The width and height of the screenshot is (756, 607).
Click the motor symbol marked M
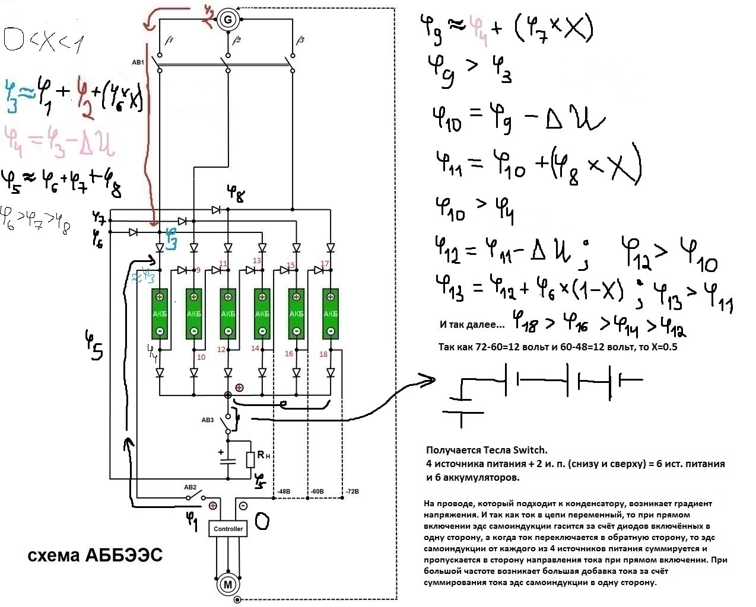click(x=227, y=584)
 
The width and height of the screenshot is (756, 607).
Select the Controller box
click(x=228, y=528)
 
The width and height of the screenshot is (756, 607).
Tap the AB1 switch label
click(x=138, y=62)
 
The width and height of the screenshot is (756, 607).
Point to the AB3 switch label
click(x=207, y=420)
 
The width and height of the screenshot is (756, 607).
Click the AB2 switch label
click(x=190, y=487)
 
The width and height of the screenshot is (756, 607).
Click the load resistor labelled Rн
click(x=251, y=459)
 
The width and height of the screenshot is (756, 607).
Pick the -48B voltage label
click(x=284, y=491)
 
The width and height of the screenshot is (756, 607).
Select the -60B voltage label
click(x=317, y=491)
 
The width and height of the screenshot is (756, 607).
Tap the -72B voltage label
click(x=352, y=491)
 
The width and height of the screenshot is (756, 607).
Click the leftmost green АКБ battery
click(x=160, y=314)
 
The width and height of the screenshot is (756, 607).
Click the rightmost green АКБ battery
click(x=331, y=314)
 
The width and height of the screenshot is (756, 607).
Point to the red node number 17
click(x=325, y=264)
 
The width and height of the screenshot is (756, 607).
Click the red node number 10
click(x=201, y=357)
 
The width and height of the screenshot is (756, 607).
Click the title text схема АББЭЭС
click(x=95, y=555)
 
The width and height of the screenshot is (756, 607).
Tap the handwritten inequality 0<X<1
click(x=45, y=40)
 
